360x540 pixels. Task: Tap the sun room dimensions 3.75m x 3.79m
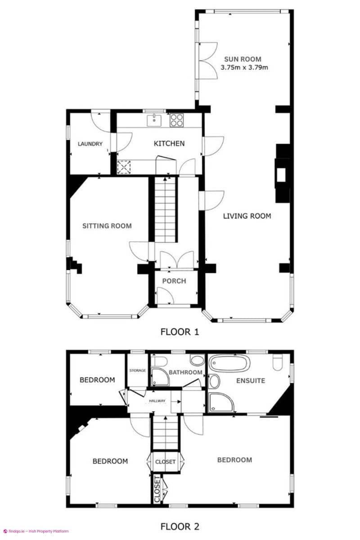[244, 67]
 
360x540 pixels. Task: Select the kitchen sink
[154, 120]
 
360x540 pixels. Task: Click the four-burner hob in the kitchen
[176, 120]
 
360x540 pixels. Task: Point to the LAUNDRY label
[90, 144]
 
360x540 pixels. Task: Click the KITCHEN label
[169, 144]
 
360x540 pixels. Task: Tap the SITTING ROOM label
[107, 225]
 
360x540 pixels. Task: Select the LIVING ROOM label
[247, 216]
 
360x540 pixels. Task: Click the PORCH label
[174, 281]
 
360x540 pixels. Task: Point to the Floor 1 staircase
[165, 209]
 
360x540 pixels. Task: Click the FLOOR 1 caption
[180, 332]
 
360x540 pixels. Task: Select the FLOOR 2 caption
[180, 526]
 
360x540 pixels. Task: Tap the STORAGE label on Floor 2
[137, 370]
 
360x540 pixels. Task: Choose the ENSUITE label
[251, 381]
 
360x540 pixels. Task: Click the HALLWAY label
[157, 401]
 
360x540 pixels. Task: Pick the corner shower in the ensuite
[222, 401]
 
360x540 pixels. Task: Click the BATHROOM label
[185, 372]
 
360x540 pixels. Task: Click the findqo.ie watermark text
[36, 531]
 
